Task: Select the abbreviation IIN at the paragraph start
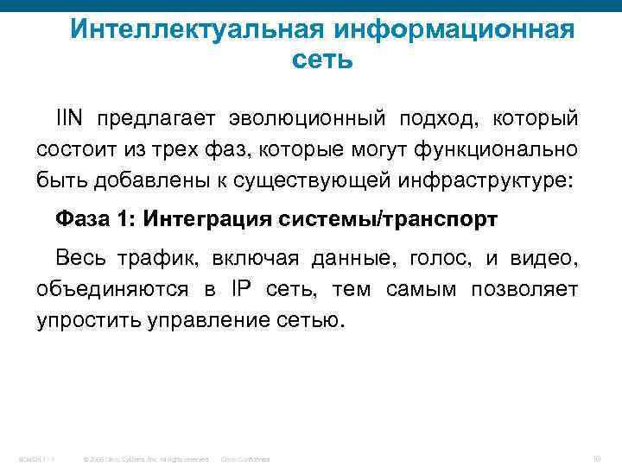pos(71,116)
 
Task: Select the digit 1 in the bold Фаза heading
pos(124,218)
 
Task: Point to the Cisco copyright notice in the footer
pos(144,458)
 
